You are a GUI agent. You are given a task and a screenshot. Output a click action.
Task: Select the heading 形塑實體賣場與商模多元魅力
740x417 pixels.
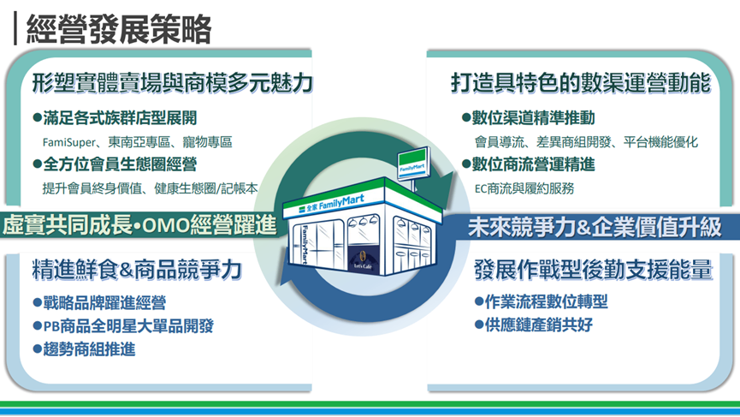pyautogui.click(x=171, y=83)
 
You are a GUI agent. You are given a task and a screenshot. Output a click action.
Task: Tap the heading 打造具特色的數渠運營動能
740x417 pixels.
pyautogui.click(x=581, y=83)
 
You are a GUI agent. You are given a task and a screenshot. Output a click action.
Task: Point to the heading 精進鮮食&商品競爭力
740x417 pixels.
pyautogui.click(x=137, y=270)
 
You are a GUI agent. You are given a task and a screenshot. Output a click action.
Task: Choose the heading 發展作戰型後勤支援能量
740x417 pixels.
pyautogui.click(x=593, y=270)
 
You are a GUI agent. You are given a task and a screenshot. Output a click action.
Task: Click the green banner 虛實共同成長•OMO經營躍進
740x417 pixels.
pyautogui.click(x=139, y=226)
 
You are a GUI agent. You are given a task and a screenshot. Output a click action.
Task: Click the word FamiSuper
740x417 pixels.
pyautogui.click(x=70, y=141)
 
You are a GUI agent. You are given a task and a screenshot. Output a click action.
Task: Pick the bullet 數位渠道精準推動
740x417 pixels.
pyautogui.click(x=527, y=117)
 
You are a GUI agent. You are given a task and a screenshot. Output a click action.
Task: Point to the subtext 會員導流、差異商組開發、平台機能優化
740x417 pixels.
pyautogui.click(x=586, y=141)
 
